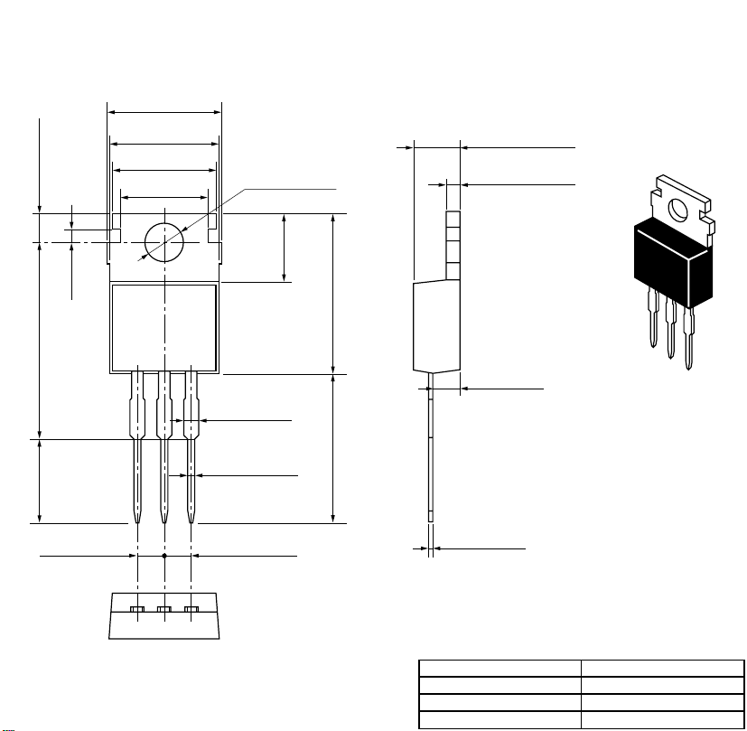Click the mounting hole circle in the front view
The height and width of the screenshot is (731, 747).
tap(164, 241)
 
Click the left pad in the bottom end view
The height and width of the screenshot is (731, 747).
tap(137, 611)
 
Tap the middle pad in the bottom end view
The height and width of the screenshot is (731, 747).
tap(163, 611)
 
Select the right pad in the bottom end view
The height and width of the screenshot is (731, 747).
tap(191, 611)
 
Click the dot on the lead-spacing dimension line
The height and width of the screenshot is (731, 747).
tap(163, 557)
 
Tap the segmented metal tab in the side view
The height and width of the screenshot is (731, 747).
tap(454, 244)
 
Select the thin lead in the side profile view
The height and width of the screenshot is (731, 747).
tap(431, 452)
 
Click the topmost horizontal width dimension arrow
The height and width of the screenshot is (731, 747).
tap(164, 113)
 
